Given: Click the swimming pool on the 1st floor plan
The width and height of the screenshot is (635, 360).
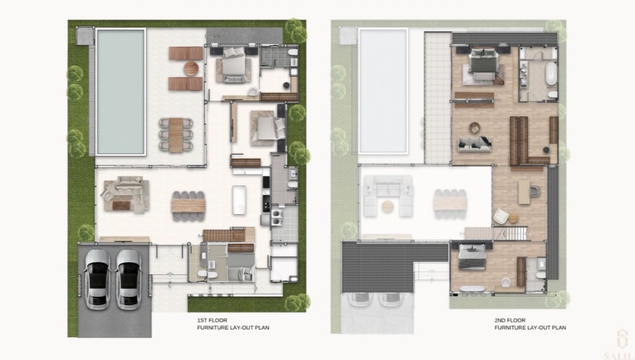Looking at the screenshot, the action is (121, 91).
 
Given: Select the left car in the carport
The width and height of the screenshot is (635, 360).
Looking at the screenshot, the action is (97, 279).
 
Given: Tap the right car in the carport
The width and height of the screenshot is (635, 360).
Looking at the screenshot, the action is (128, 279).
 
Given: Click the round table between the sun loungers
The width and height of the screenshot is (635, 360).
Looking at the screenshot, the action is (190, 69).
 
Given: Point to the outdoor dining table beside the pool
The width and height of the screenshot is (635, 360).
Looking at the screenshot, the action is (176, 135).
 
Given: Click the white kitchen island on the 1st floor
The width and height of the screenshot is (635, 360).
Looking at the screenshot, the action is (239, 199).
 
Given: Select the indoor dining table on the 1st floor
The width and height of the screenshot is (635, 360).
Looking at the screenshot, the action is (189, 206).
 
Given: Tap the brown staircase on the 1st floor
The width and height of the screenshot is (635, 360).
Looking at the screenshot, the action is (224, 236).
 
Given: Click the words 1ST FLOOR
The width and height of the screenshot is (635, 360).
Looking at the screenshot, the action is (212, 320).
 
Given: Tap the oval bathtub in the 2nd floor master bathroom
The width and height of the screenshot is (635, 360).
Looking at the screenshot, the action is (551, 73).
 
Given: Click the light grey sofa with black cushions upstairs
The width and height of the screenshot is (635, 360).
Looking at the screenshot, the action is (474, 143).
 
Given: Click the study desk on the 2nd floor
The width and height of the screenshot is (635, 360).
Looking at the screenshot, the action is (524, 192).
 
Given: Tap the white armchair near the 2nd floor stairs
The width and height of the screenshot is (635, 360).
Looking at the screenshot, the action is (500, 217).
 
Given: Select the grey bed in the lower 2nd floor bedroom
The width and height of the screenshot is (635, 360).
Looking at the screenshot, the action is (472, 258).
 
